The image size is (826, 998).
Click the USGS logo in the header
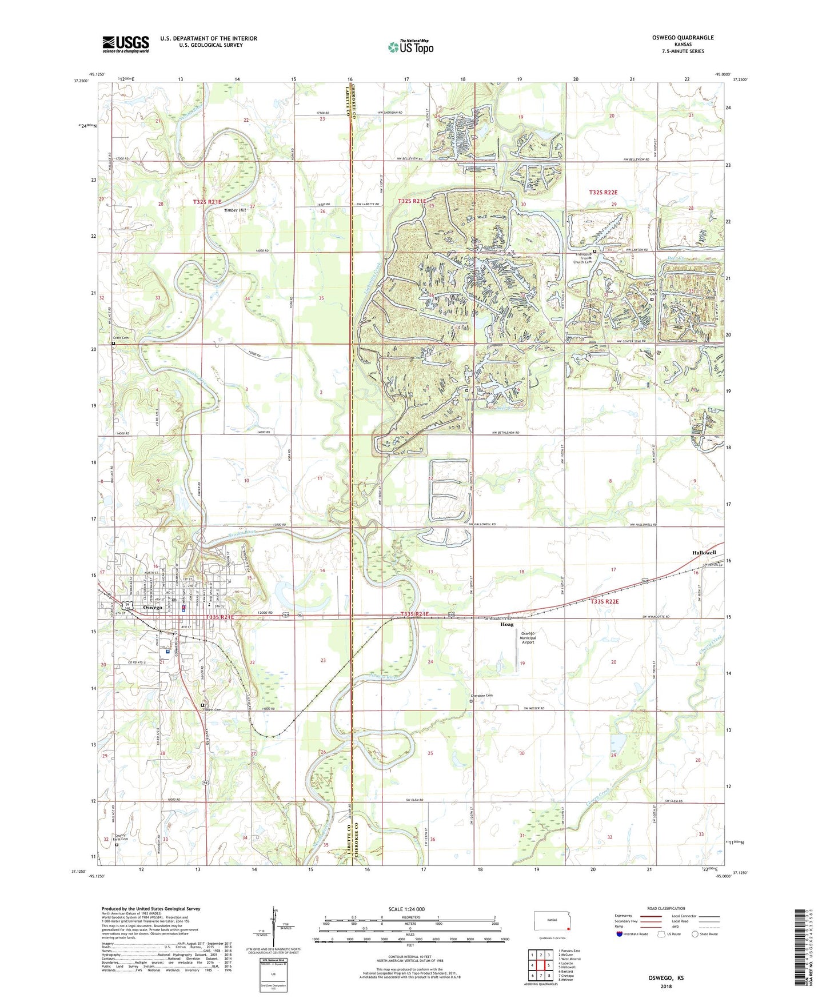pos(126,44)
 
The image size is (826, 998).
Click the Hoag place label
pos(507,624)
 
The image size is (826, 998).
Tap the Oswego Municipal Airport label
pos(527,637)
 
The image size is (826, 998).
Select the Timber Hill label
pos(234,210)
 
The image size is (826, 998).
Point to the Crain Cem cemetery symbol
pos(113,344)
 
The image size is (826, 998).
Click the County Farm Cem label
pos(121,837)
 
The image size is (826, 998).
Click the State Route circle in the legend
pos(695,934)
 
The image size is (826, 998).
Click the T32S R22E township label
pos(604,193)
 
